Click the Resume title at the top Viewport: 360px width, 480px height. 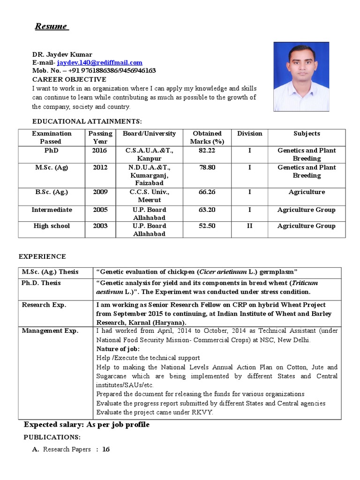pos(51,26)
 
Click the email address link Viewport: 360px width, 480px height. pos(99,62)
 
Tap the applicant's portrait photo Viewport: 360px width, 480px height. pos(301,76)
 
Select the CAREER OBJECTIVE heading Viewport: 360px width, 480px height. pos(69,79)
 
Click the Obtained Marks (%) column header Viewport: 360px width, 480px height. pos(207,137)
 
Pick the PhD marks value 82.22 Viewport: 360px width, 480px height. pos(207,150)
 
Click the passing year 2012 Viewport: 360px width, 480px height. pos(100,167)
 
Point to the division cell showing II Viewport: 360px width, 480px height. pos(249,226)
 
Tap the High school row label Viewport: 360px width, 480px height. pos(51,226)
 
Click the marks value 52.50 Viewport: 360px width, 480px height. pos(207,226)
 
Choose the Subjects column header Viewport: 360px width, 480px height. pos(307,134)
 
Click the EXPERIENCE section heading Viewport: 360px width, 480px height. pos(42,256)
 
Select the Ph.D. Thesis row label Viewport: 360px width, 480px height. pos(41,283)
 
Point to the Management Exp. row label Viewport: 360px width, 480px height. pos(50,331)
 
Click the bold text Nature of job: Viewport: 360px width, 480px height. pos(118,349)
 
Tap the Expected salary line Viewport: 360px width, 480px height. pos(87,425)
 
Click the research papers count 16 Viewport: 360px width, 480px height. pos(106,450)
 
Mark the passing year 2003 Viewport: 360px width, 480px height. pos(100,226)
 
